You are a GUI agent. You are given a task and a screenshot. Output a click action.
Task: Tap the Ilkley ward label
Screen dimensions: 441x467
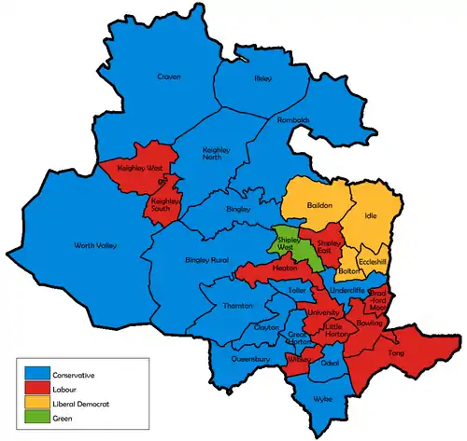coord(262,79)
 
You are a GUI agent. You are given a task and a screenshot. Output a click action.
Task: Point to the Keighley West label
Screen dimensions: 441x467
coord(136,169)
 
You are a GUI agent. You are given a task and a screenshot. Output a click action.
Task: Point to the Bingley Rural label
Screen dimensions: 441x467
coord(207,258)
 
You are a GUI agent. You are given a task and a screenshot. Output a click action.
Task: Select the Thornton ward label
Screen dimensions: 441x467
coord(238,306)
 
